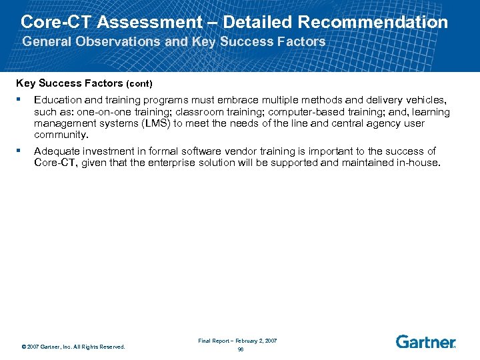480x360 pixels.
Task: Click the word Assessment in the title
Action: tap(147, 22)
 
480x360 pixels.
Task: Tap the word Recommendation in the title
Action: tap(373, 22)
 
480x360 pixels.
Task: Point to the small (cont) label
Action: tap(141, 84)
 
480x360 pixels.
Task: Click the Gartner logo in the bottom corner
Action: tap(425, 342)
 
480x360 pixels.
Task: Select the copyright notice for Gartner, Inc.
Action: tap(73, 347)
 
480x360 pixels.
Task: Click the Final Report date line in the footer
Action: tap(237, 340)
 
